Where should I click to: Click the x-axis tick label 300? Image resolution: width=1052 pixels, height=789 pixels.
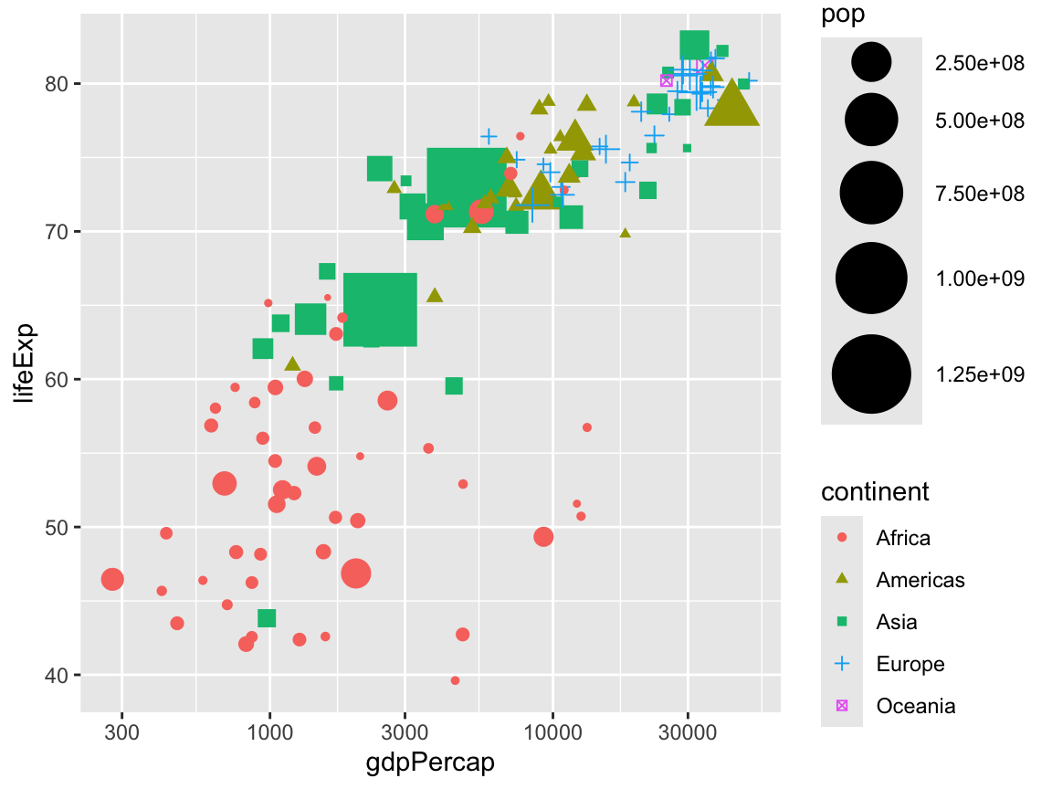pyautogui.click(x=121, y=732)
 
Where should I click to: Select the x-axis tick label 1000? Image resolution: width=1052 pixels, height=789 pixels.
pyautogui.click(x=269, y=732)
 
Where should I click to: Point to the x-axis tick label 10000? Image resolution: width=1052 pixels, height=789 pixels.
pyautogui.click(x=552, y=732)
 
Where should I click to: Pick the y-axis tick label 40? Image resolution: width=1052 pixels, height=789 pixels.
pyautogui.click(x=58, y=675)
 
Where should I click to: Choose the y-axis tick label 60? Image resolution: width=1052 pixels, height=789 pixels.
pyautogui.click(x=58, y=379)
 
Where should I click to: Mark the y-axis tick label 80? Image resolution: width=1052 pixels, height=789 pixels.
pyautogui.click(x=58, y=84)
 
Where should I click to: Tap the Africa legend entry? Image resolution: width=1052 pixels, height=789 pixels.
pyautogui.click(x=902, y=538)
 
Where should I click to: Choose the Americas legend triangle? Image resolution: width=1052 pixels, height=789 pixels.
pyautogui.click(x=842, y=579)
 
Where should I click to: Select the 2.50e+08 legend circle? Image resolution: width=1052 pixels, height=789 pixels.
pyautogui.click(x=871, y=62)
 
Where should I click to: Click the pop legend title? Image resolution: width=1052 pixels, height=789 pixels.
pyautogui.click(x=842, y=15)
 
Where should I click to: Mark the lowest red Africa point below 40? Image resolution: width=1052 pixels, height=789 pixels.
pyautogui.click(x=455, y=680)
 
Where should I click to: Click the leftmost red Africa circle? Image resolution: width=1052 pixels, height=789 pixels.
pyautogui.click(x=112, y=579)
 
